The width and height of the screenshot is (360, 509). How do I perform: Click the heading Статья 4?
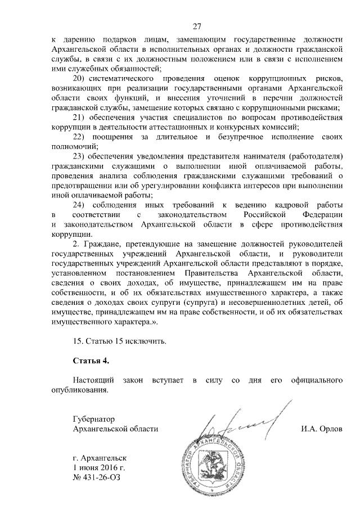(89, 361)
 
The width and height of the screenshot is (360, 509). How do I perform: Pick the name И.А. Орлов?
(322, 429)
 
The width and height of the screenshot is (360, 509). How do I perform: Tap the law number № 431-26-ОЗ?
(96, 478)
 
